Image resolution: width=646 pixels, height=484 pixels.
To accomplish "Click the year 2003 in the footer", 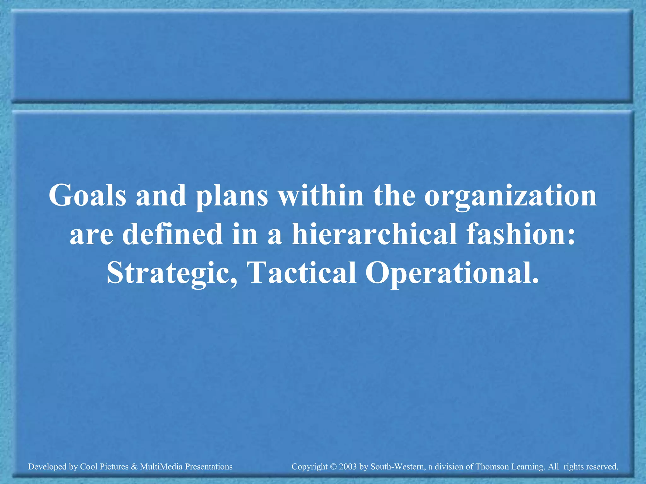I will [x=348, y=467].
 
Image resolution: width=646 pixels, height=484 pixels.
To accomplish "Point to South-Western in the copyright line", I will [x=397, y=467].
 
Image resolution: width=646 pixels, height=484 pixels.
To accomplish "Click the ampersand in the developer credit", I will [x=134, y=467].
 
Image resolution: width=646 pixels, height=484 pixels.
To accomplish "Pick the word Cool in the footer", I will [x=88, y=467].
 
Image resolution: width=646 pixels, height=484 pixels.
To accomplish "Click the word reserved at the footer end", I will [x=602, y=467].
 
